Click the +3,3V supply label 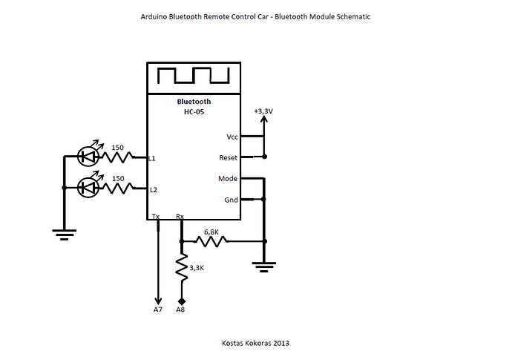click(x=263, y=111)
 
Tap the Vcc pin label click(x=232, y=137)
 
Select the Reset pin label click(x=228, y=158)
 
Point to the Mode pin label click(x=228, y=179)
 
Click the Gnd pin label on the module click(x=231, y=200)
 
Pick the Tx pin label click(x=156, y=216)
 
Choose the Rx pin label click(x=180, y=216)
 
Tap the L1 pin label click(x=152, y=158)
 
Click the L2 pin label click(x=154, y=190)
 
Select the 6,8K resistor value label click(x=211, y=232)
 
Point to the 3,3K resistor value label click(x=197, y=268)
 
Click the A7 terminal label click(x=158, y=310)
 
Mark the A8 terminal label click(x=180, y=310)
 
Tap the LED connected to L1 click(x=88, y=157)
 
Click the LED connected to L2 click(x=88, y=187)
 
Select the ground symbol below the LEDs click(x=65, y=235)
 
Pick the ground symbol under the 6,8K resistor click(x=264, y=267)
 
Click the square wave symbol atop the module click(x=194, y=76)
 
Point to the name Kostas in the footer click(x=232, y=343)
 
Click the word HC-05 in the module click(x=194, y=112)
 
